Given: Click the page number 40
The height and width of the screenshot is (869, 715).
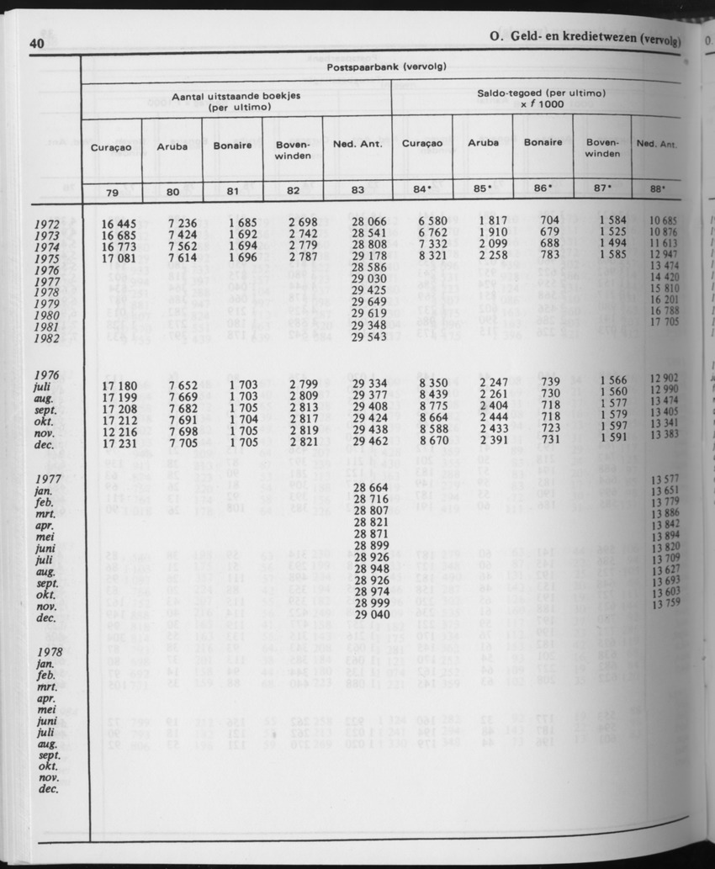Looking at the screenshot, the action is (x=36, y=44).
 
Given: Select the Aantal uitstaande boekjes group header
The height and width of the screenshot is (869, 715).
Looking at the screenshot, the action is (x=236, y=103).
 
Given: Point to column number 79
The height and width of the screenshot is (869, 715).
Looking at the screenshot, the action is (x=112, y=190).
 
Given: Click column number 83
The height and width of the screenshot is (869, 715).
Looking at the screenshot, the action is (x=357, y=190).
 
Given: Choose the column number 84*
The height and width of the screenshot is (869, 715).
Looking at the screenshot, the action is (x=421, y=189).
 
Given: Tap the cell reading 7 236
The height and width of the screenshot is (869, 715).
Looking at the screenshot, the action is (x=182, y=223).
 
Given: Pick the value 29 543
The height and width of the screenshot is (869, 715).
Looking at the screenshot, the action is (x=368, y=336).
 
